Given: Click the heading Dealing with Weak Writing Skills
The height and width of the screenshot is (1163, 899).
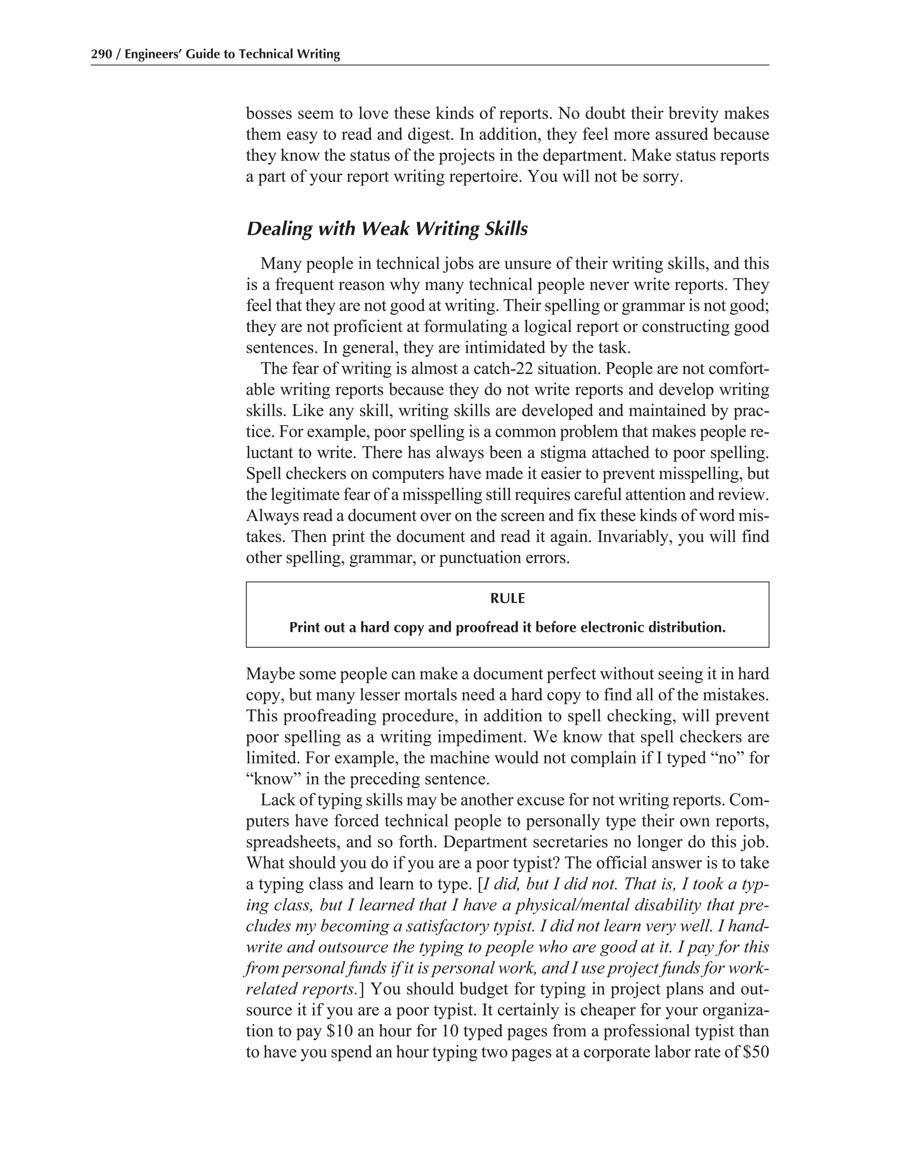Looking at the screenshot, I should point(387,229).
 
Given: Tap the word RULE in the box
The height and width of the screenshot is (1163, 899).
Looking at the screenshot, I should point(507,599).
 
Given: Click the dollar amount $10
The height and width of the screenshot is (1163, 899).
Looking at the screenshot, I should point(339,1031).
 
